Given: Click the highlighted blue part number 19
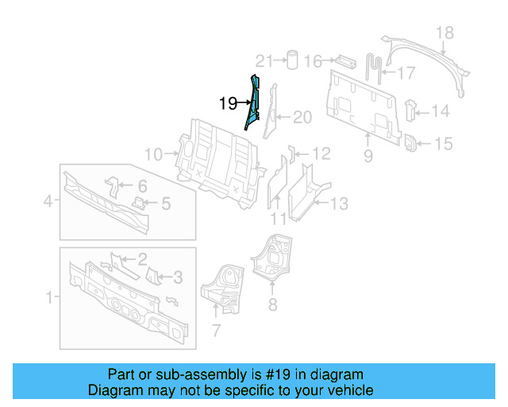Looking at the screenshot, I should [253, 103].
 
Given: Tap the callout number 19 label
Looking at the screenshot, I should [228, 103].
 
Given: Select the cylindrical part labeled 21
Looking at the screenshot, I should [291, 60].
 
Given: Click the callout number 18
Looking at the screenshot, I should [444, 33].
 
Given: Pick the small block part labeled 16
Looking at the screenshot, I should [346, 60].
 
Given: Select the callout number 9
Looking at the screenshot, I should [368, 157].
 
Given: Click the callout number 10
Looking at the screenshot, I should [153, 154].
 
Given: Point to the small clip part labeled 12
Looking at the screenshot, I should [292, 152].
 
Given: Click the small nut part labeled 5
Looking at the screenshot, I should [140, 203].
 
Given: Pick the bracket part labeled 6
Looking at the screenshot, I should [113, 188].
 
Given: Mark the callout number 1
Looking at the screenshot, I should [50, 297].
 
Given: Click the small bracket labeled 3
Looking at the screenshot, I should [153, 276].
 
